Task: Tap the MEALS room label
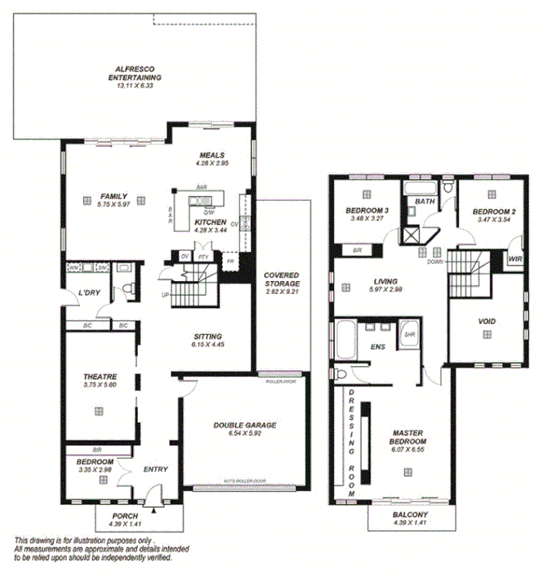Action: pyautogui.click(x=210, y=155)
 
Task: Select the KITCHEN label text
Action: pyautogui.click(x=210, y=222)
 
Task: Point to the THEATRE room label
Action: pyautogui.click(x=100, y=377)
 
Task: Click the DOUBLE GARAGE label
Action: pyautogui.click(x=244, y=425)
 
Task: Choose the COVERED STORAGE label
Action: pyautogui.click(x=281, y=279)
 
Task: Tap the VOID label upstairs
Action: pyautogui.click(x=486, y=321)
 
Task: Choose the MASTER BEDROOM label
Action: pyautogui.click(x=410, y=433)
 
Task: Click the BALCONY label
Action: pyautogui.click(x=409, y=515)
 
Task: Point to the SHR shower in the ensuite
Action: pyautogui.click(x=409, y=334)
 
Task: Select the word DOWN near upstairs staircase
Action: pyautogui.click(x=434, y=263)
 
